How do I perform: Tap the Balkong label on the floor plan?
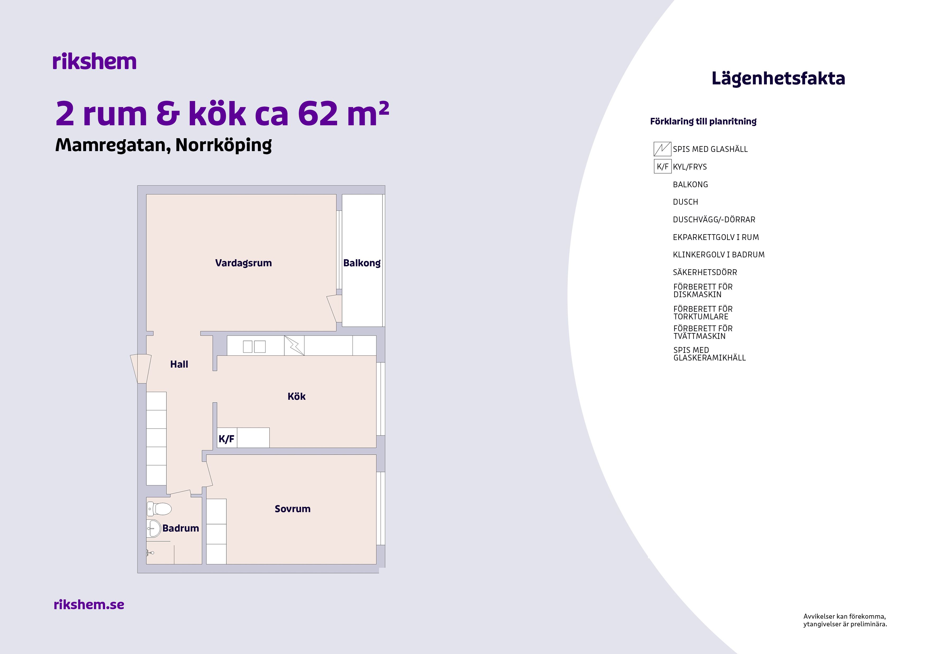coord(362,263)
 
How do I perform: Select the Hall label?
coord(179,364)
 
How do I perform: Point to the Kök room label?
coord(296,397)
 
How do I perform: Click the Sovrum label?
coord(292,509)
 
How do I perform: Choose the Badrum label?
coord(181,528)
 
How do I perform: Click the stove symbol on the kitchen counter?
coord(294,346)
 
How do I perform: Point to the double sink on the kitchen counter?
coord(254,347)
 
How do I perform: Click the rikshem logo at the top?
coord(95,62)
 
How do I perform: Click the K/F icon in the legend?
coord(662,166)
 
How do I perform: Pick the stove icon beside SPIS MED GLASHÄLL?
coord(662,149)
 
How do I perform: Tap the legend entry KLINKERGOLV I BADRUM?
coord(719,255)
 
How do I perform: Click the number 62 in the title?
coord(318,114)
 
